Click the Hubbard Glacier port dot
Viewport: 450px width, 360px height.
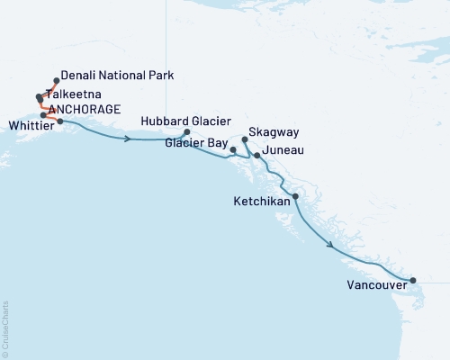click(x=186, y=132)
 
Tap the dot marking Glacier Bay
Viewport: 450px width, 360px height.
click(x=233, y=149)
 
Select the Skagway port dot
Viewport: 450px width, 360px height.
click(x=245, y=140)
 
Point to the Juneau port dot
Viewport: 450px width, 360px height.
click(x=257, y=156)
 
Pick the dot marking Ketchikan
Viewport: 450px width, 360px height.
click(x=296, y=195)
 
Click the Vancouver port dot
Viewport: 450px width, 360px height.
click(x=412, y=281)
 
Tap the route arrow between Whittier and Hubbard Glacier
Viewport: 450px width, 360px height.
click(x=131, y=139)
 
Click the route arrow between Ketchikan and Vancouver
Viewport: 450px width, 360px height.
click(x=331, y=244)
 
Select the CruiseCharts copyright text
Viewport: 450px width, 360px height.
click(x=6, y=328)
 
